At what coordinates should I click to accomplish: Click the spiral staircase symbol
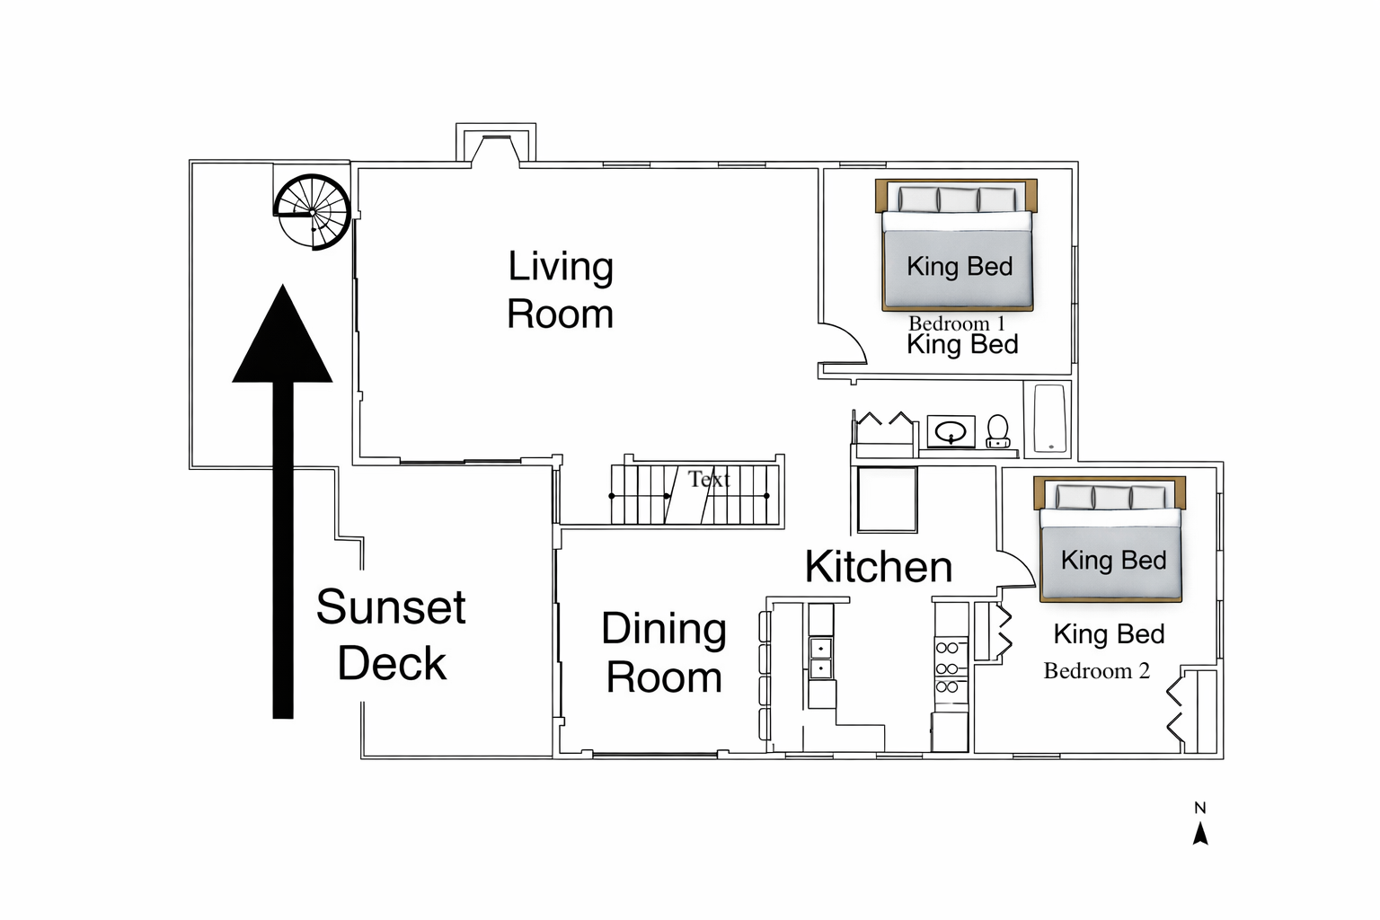coord(312,212)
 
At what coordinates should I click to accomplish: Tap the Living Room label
coord(561,290)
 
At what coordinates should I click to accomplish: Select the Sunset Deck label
coord(391,634)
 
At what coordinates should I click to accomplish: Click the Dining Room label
coord(664,653)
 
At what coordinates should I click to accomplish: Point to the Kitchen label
coord(878,567)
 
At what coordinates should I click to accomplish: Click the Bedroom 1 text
coord(956,323)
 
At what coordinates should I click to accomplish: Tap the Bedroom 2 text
coord(1096,671)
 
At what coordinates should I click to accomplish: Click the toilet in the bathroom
coord(997,431)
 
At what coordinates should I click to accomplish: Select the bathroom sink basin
coord(951,433)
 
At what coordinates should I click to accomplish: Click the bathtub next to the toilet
coord(1049,418)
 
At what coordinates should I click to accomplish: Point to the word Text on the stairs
coord(709,479)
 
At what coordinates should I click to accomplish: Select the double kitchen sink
coord(821,658)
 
